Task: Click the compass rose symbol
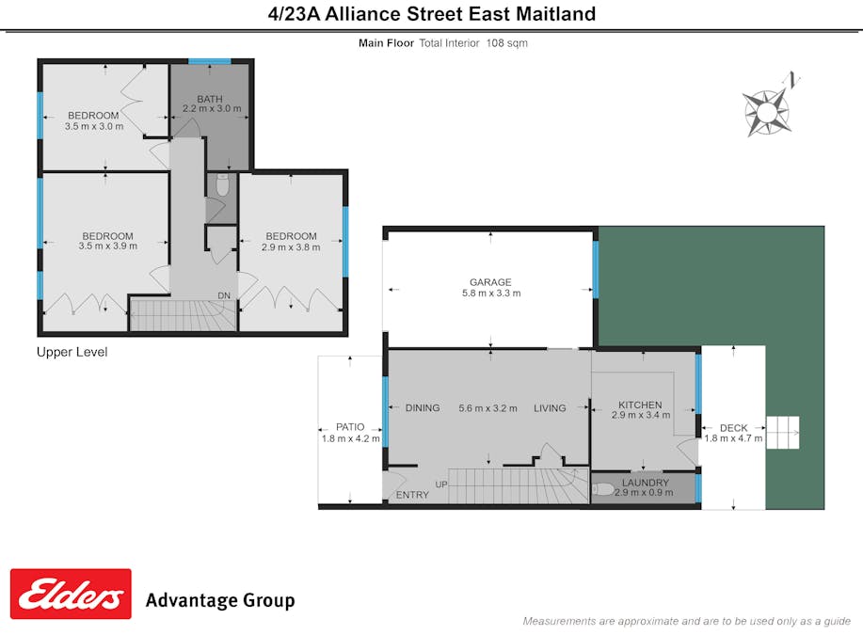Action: coord(767,111)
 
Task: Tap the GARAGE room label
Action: coord(490,281)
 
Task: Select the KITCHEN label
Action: coord(640,405)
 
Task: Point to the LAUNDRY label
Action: coord(646,483)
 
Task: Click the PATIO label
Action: coord(350,427)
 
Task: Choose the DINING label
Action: coord(423,408)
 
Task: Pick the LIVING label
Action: coord(550,408)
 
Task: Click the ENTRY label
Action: coord(412,495)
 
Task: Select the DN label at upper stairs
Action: coord(224,295)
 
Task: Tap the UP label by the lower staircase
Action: coord(440,484)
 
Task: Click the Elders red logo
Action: coord(71,594)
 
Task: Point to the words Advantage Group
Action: coord(219,600)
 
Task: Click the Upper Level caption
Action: coord(72,352)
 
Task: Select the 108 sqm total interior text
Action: coord(506,43)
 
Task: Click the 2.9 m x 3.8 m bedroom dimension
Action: coord(291,247)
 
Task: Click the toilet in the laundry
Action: coord(603,489)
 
